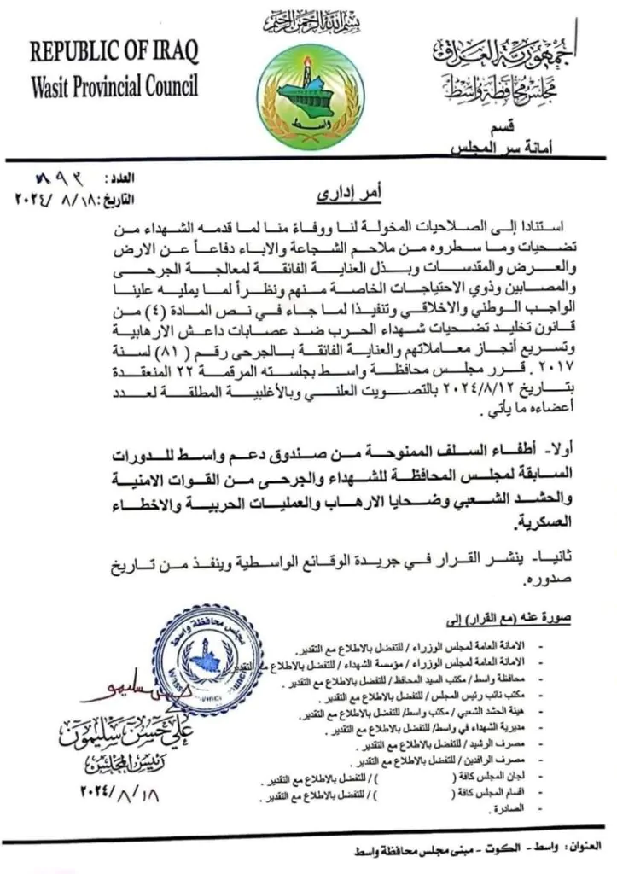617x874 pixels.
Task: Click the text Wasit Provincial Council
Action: click(114, 86)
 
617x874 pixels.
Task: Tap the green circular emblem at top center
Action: click(309, 95)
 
